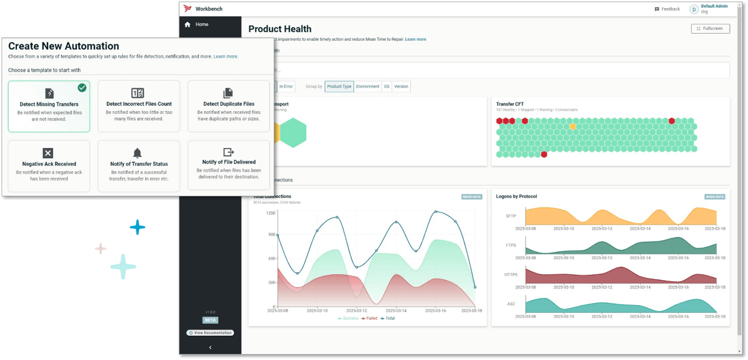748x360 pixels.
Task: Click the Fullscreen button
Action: point(710,28)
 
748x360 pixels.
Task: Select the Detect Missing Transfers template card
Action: point(49,106)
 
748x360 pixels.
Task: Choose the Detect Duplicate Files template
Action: point(228,106)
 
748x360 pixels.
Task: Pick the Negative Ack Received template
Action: point(49,166)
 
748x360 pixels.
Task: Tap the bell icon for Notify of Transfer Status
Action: point(137,153)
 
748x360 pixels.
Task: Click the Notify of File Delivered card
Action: point(228,165)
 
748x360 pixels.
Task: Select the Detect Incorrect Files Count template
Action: point(138,106)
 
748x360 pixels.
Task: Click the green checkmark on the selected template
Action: point(82,87)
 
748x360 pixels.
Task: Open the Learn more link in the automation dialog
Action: point(226,56)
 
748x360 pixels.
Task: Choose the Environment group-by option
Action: point(367,86)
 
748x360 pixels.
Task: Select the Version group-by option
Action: point(401,86)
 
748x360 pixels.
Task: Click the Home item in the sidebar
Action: point(202,24)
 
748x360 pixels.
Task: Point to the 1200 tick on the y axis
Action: point(271,213)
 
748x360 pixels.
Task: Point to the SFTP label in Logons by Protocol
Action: point(511,216)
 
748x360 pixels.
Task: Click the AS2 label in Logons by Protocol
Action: point(511,304)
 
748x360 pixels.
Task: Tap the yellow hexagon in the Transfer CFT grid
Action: point(573,126)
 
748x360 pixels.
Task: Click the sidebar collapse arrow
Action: point(210,348)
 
